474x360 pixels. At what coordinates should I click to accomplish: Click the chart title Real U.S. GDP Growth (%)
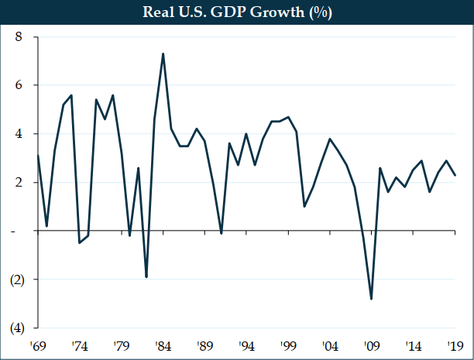(236, 13)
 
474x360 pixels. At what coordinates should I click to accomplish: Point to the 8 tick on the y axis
(19, 37)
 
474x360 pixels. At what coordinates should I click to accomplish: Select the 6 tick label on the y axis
(19, 85)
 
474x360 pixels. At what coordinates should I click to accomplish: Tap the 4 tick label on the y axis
(19, 134)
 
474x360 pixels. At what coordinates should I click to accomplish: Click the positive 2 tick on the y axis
(19, 183)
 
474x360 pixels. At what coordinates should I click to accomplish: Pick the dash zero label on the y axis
(19, 231)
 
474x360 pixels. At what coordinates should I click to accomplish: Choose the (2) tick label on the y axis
(16, 279)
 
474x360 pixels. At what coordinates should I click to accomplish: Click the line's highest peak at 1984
(163, 53)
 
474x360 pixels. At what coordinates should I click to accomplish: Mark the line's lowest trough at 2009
(372, 299)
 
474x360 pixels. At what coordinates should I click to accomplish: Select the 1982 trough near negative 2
(146, 277)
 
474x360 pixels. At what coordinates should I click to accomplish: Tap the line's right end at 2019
(455, 175)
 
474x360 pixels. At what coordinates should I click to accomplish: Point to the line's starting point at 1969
(38, 156)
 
